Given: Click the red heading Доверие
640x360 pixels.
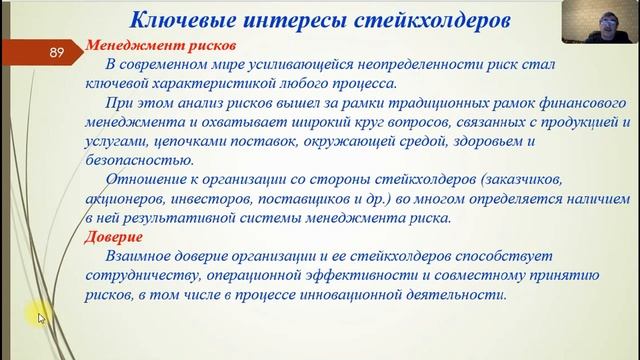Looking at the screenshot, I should [x=114, y=237].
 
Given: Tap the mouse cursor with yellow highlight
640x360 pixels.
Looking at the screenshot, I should [x=39, y=317].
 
